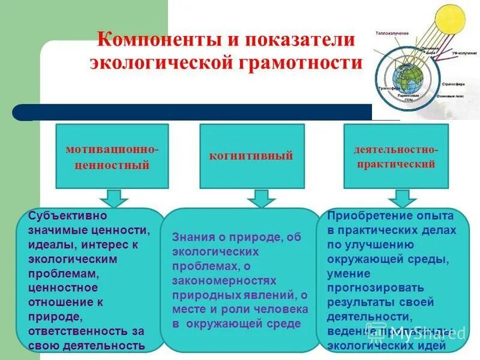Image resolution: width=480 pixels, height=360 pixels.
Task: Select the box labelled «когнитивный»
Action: [251, 156]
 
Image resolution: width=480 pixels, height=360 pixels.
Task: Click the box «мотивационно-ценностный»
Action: [112, 156]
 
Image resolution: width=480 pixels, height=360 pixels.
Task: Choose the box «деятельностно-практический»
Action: [395, 156]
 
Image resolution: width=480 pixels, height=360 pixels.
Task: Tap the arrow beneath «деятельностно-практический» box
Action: [401, 198]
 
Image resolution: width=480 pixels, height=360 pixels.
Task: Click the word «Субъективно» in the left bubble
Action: [68, 215]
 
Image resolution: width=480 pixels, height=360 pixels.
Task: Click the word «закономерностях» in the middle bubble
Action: [224, 280]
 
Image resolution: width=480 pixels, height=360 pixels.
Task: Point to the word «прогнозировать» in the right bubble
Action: [375, 287]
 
